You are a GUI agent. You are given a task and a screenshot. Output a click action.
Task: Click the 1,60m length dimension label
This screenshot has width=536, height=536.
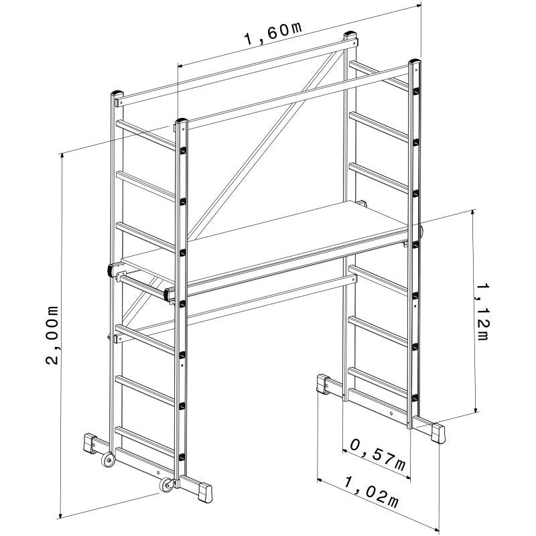pyautogui.click(x=273, y=33)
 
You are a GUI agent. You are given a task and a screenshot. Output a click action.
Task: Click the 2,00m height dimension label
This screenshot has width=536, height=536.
pyautogui.click(x=52, y=336)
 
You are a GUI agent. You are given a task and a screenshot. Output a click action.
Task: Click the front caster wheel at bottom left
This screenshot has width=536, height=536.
pyautogui.click(x=166, y=485)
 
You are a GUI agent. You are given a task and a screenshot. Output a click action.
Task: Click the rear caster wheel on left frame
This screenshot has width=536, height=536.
pyautogui.click(x=109, y=460)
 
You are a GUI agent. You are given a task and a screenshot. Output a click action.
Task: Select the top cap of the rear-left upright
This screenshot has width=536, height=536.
pyautogui.click(x=117, y=93)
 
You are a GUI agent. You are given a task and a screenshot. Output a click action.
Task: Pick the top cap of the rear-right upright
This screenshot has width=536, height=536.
pyautogui.click(x=350, y=34)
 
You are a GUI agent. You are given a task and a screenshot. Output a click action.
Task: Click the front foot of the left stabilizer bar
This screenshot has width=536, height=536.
pyautogui.click(x=205, y=492)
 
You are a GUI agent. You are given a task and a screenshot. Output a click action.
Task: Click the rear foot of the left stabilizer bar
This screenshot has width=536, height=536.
pyautogui.click(x=90, y=443)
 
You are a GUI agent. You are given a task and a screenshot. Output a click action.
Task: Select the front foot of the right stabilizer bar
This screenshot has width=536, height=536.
pyautogui.click(x=438, y=433)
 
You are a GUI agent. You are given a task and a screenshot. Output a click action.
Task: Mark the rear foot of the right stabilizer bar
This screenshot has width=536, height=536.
pyautogui.click(x=323, y=384)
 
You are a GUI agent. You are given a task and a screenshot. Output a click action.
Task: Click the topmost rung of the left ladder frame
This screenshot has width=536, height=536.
pyautogui.click(x=146, y=135)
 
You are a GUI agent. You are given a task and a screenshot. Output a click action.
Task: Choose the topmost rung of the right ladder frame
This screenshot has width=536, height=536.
pyautogui.click(x=379, y=76)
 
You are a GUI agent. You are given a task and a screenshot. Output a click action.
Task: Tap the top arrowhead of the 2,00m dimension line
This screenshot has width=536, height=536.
pyautogui.click(x=62, y=155)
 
